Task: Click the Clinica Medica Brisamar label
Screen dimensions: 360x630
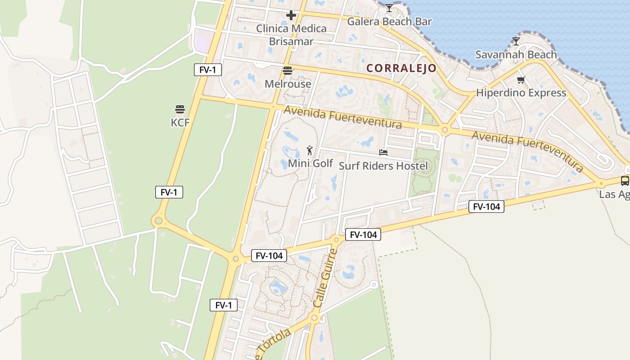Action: [x=291, y=35]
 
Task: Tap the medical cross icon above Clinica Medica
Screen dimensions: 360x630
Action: [x=291, y=15]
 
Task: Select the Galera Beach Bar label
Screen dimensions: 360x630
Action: [x=389, y=21]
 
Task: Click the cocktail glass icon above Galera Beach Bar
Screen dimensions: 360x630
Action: [x=389, y=8]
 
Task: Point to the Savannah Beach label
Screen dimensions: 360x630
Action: [x=516, y=54]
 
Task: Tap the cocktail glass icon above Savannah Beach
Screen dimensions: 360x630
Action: [x=516, y=41]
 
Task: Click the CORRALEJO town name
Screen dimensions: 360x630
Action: [x=401, y=68]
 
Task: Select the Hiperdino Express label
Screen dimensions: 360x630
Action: [x=521, y=93]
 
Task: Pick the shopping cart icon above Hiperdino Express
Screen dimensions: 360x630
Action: [x=521, y=80]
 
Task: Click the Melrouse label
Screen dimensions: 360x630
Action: [x=288, y=84]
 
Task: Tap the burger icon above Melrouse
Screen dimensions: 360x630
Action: [x=288, y=71]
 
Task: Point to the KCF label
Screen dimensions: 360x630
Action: [x=180, y=122]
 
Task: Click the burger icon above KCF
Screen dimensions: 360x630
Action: [x=180, y=109]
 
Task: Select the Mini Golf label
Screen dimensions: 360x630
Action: [x=310, y=163]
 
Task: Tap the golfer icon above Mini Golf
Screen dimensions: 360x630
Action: [x=310, y=150]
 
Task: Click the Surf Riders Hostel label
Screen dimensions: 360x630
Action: [x=383, y=166]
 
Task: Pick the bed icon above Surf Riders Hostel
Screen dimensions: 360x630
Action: [x=383, y=153]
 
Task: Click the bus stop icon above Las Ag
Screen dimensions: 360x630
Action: [x=625, y=181]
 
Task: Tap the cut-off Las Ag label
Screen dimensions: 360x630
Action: [x=614, y=194]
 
